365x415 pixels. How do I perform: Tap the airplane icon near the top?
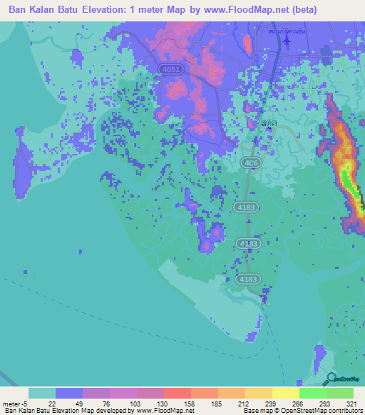click(287, 40)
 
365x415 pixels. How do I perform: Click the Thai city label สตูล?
click(269, 123)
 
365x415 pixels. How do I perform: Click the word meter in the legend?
click(11, 402)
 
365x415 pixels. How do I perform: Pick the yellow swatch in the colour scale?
click(285, 393)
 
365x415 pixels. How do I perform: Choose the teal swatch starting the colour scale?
click(42, 393)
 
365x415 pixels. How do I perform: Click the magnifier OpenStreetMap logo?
click(331, 379)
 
